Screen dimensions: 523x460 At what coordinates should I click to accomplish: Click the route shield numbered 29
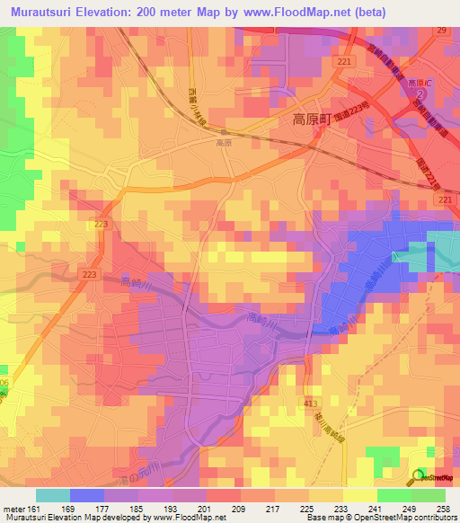(x=441, y=31)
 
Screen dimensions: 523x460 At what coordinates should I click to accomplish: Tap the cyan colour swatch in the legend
(x=52, y=495)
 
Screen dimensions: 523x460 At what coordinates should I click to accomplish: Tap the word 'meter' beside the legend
(x=15, y=508)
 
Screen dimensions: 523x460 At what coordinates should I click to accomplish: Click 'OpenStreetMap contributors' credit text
(x=409, y=519)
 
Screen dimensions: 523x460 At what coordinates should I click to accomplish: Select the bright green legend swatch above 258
(x=429, y=495)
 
